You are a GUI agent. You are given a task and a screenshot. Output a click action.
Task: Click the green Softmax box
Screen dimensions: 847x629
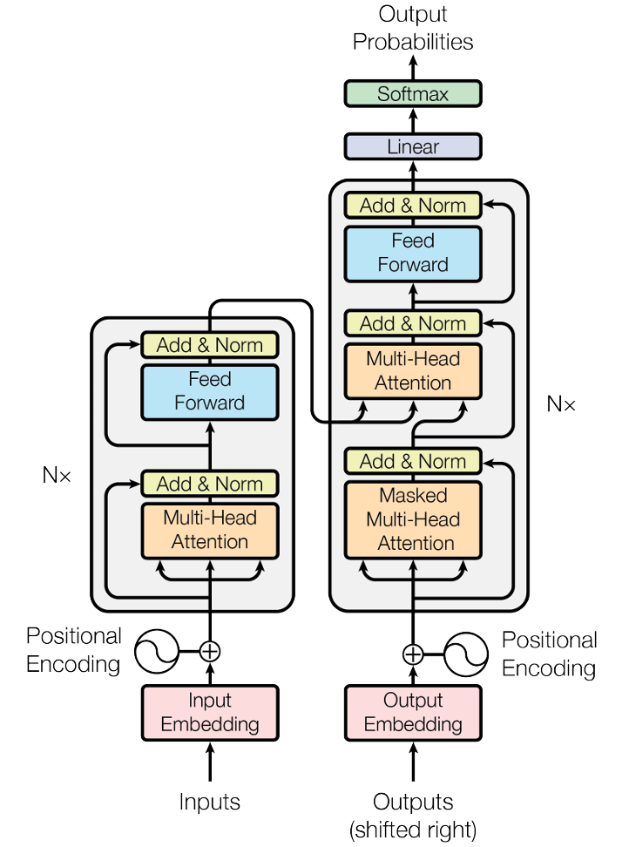[413, 94]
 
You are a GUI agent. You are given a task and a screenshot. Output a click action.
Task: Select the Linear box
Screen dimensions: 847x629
[413, 146]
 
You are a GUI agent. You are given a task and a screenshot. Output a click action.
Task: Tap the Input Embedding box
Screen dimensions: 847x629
[210, 712]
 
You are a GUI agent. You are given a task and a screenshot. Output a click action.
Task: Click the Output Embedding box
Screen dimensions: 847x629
[413, 712]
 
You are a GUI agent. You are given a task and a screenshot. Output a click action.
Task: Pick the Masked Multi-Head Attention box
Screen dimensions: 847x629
[413, 519]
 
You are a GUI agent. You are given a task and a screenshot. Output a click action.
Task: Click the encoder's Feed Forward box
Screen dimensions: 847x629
[210, 391]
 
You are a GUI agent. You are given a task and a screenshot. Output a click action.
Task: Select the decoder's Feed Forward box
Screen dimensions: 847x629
[413, 253]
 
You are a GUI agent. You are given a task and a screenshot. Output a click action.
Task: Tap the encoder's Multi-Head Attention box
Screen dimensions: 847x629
[210, 530]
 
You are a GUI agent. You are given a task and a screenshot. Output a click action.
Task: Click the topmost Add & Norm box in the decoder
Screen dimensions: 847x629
[413, 206]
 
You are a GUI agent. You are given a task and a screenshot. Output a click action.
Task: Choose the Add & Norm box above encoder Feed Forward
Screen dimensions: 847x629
[210, 345]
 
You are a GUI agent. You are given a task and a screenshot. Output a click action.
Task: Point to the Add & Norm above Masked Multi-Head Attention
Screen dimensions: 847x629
[413, 461]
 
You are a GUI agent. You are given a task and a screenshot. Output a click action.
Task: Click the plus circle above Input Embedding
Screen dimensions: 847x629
[210, 651]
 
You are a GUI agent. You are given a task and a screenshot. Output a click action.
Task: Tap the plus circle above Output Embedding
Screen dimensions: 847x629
[413, 654]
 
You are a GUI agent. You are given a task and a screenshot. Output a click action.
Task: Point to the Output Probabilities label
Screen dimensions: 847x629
[413, 28]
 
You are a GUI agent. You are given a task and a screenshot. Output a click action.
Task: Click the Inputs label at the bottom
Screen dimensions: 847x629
[210, 802]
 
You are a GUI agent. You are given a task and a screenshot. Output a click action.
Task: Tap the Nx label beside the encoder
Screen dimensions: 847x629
[57, 476]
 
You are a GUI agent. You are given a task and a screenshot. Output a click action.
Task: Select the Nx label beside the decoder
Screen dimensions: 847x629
[561, 403]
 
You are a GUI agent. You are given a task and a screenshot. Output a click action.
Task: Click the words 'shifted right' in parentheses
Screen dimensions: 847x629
[413, 828]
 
